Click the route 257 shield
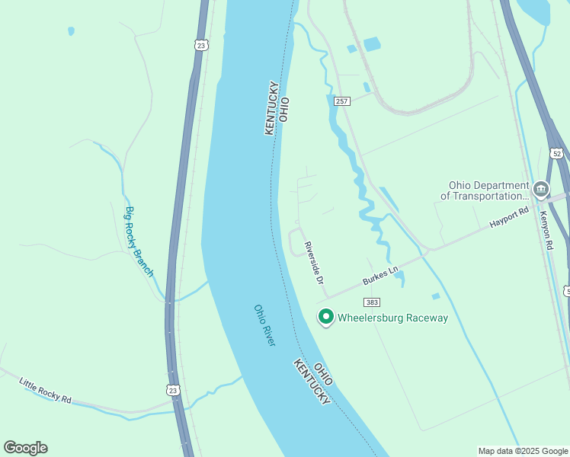[x=341, y=101]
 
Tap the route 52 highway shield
[x=557, y=154]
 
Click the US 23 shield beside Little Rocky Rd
[x=175, y=389]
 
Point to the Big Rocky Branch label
[x=139, y=241]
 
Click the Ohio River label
[x=264, y=325]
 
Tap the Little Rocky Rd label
[x=45, y=389]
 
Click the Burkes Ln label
[x=380, y=275]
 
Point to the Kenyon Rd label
[x=548, y=230]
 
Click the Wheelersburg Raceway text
[x=392, y=318]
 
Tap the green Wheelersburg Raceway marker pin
[x=326, y=316]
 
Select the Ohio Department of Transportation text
[x=485, y=190]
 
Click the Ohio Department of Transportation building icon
[x=541, y=189]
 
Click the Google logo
[x=25, y=448]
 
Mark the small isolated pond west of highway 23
[x=71, y=31]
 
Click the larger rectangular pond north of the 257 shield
[x=372, y=44]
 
